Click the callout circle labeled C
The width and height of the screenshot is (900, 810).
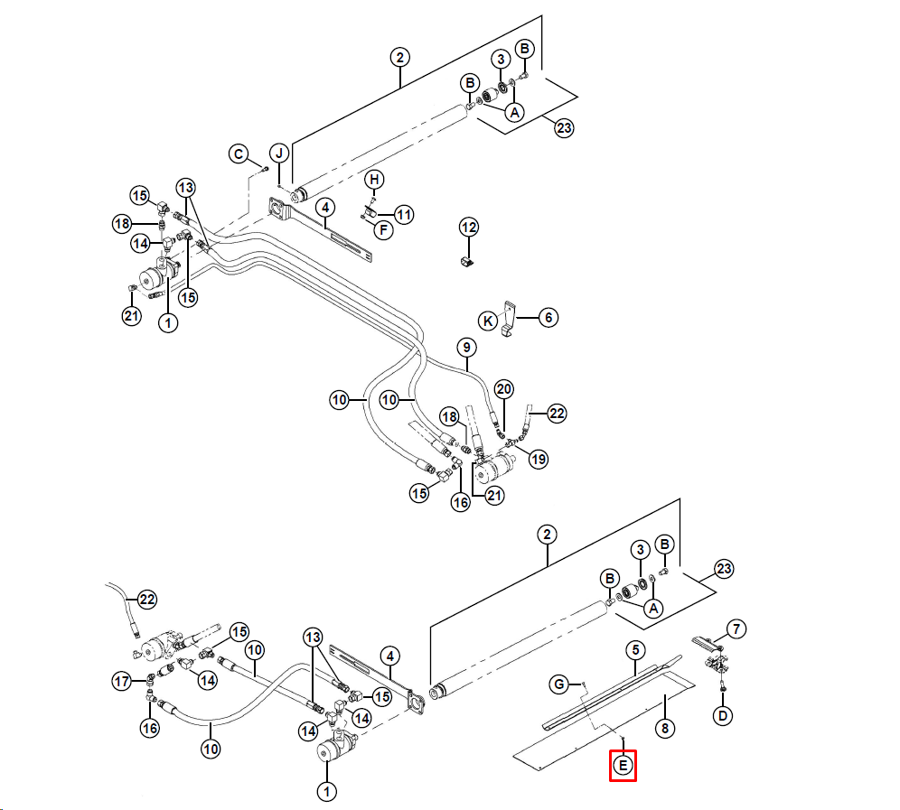(x=239, y=154)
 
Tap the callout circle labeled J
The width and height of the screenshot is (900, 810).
(x=279, y=154)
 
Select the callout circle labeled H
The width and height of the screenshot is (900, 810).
(x=374, y=180)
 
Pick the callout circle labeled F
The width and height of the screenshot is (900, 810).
(x=383, y=230)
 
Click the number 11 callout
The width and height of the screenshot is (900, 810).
(x=404, y=215)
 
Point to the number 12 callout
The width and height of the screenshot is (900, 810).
(x=469, y=228)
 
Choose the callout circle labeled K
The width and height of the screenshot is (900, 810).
(x=488, y=321)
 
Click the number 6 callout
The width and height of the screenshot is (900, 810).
(x=548, y=317)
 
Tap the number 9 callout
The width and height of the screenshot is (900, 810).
(x=466, y=347)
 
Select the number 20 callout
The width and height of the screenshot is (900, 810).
(x=504, y=389)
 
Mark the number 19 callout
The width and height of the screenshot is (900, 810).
(x=539, y=459)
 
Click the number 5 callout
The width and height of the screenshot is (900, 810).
(x=635, y=650)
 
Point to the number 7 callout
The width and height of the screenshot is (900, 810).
(x=736, y=628)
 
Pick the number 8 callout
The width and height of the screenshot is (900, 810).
(x=665, y=729)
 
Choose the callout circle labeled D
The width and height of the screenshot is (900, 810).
(x=723, y=715)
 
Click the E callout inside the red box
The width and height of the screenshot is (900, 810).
(x=623, y=765)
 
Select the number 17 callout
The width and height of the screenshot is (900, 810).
(x=122, y=682)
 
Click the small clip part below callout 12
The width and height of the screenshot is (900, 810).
(x=467, y=263)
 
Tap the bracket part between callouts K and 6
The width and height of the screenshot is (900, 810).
(x=508, y=319)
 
